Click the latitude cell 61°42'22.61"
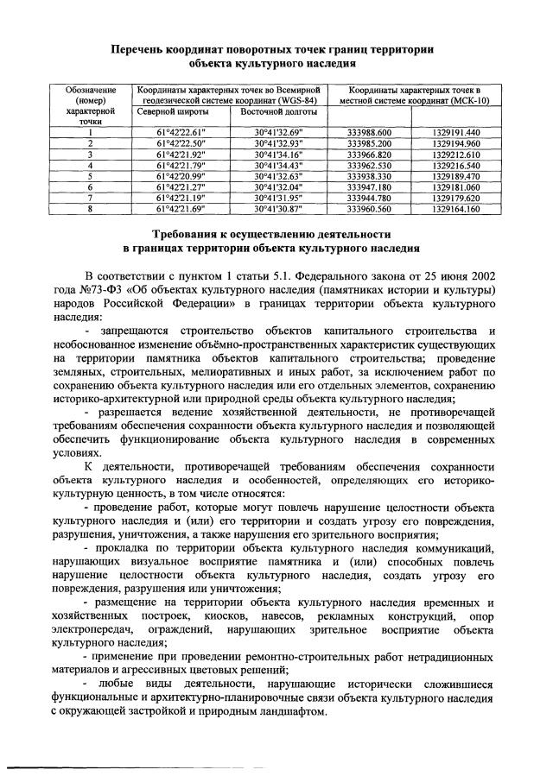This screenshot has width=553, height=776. pos(181,132)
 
